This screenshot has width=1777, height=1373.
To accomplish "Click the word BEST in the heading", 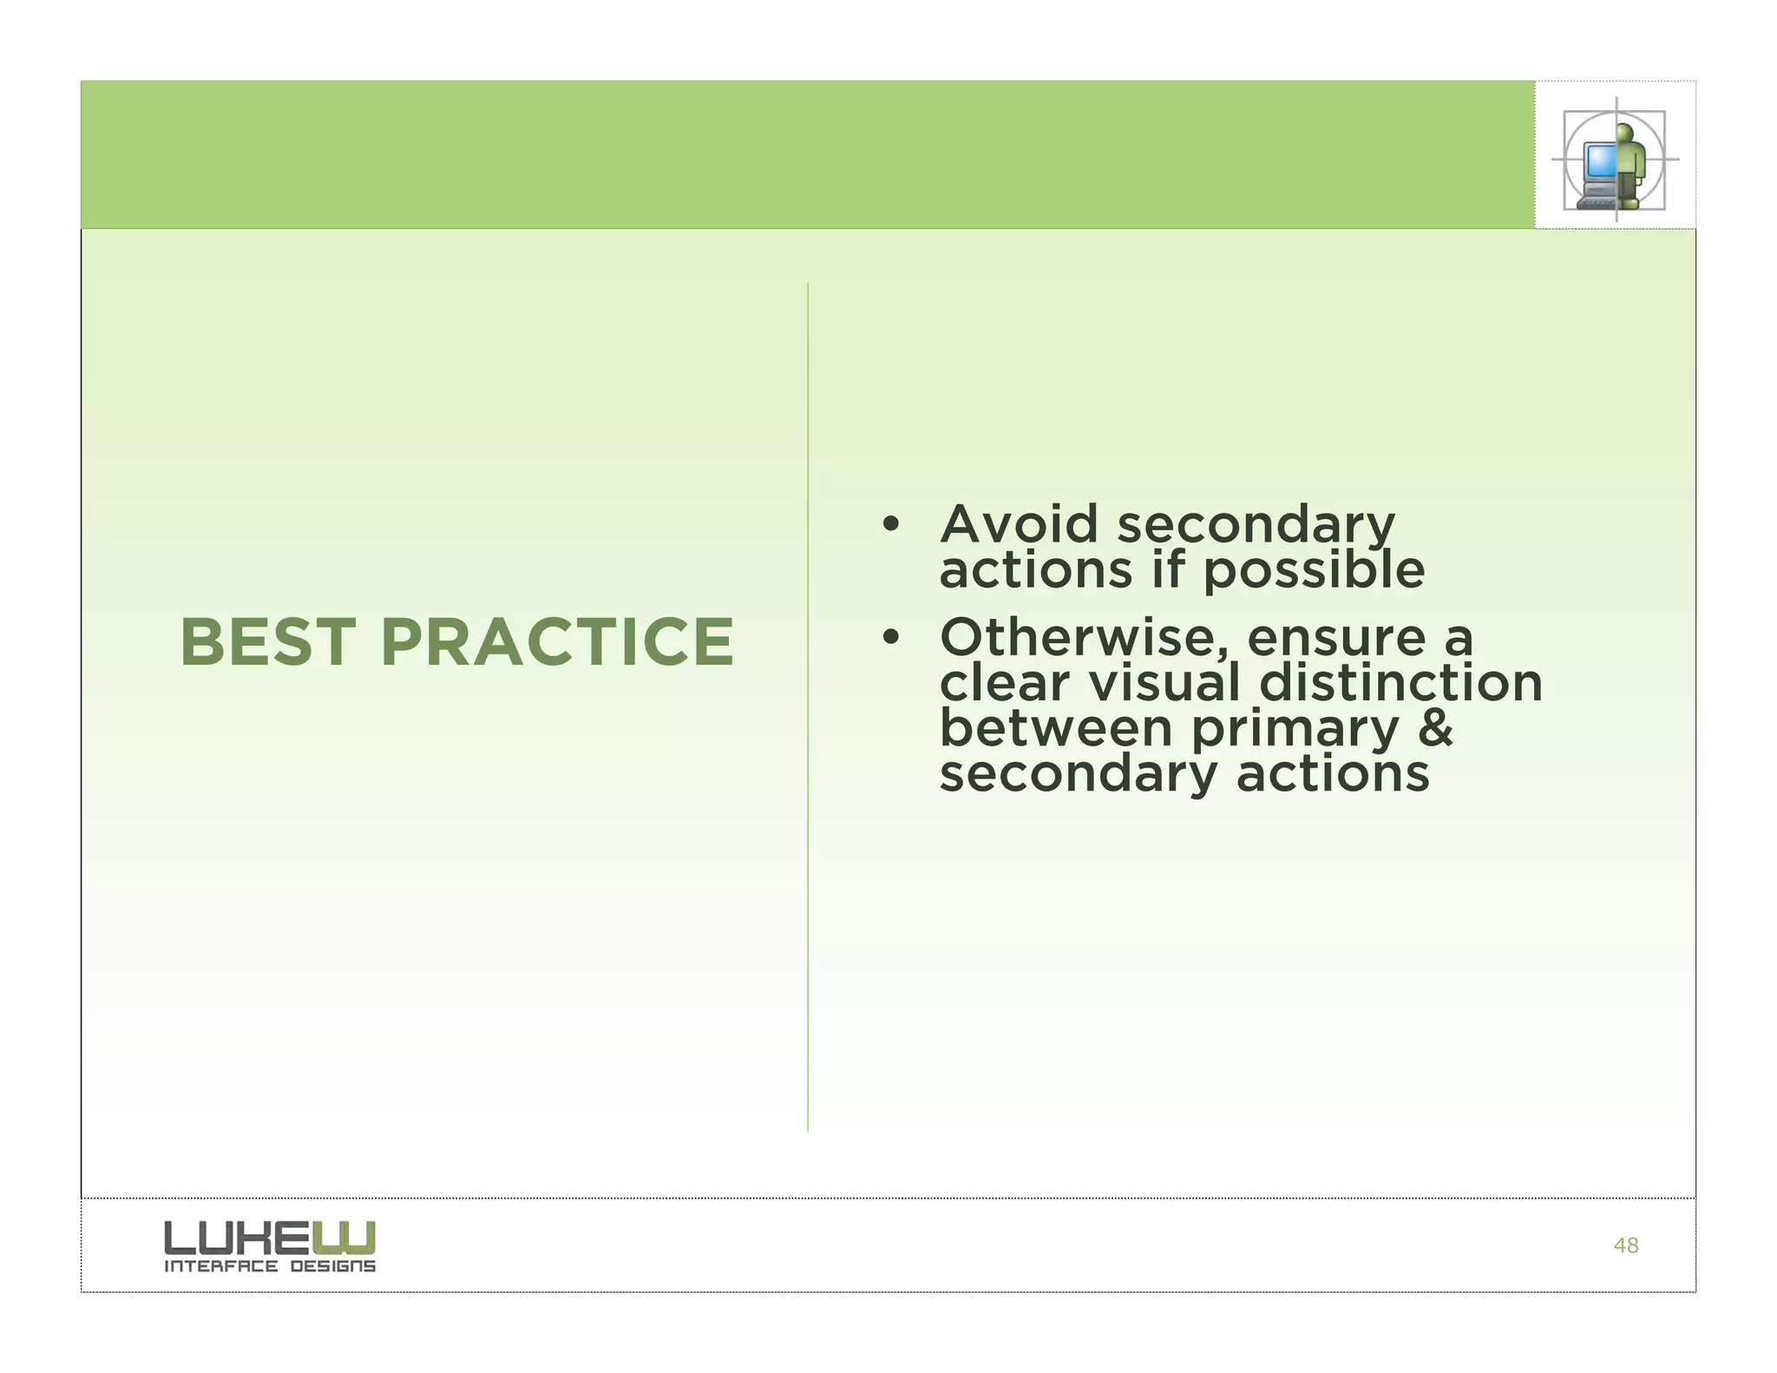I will coord(267,642).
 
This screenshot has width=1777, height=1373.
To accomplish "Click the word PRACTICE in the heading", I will coord(557,642).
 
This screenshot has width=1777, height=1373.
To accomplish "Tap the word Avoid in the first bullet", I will coord(1019,525).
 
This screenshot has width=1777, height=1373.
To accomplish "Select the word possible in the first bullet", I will coord(1314,572).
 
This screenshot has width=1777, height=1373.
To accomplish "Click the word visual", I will coord(1164,683).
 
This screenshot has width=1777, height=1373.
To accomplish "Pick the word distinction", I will coord(1400,683).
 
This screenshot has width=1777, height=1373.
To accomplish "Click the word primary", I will coord(1295,731).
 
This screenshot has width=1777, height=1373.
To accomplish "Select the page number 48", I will coord(1625,1245).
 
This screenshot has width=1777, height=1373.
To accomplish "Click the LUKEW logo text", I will coord(270,1238).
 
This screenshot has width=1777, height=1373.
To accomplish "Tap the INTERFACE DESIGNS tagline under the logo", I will coord(270,1266).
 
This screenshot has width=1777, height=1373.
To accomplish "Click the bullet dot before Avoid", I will coord(888,525).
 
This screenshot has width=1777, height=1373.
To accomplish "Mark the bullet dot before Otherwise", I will coord(888,639).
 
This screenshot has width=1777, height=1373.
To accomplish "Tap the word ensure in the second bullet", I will coord(1336,638).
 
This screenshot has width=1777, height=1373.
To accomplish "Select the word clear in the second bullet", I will coord(1005,683).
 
